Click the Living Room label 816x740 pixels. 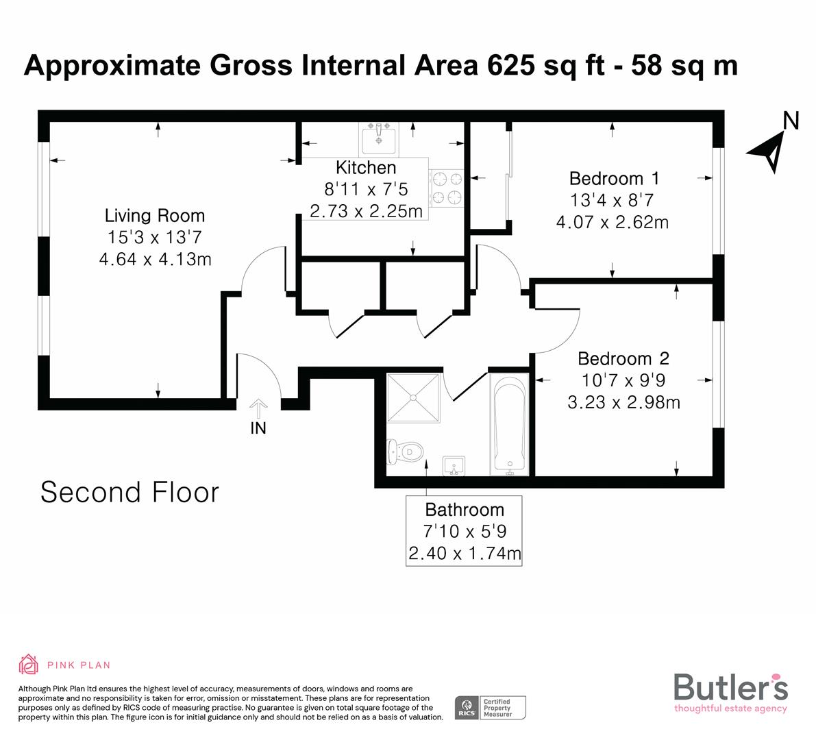pos(154,216)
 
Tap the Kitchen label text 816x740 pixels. pos(366,168)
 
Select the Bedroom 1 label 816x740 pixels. pos(614,179)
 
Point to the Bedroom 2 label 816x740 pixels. pos(623,358)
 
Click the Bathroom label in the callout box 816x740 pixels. pos(465,510)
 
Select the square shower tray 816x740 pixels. pos(413,399)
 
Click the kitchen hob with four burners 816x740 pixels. pos(446,188)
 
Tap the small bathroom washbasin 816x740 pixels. pos(454,466)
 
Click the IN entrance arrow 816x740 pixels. pos(258,410)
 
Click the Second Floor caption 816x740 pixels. pos(130,493)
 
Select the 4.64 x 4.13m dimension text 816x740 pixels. pos(155,260)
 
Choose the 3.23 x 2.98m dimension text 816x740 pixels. pos(623,402)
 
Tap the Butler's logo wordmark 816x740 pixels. pos(730,687)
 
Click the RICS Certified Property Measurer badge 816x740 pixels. pos(491,707)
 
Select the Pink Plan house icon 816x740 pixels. pos(29,664)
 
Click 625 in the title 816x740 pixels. pos(512,66)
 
